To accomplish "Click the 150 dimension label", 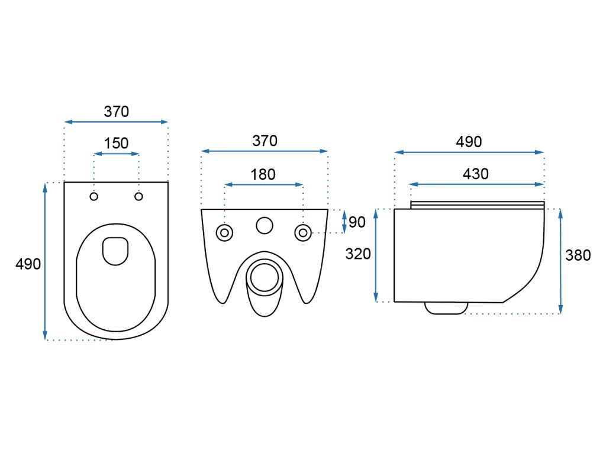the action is point(116,143).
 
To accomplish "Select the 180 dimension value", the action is point(263,174).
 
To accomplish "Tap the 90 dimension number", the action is point(357,222).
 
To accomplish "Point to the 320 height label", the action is point(358,254).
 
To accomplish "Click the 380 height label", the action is point(578,255).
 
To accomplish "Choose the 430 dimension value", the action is point(476,174).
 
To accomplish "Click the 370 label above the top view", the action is point(116,111).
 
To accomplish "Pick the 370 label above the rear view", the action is point(265,141).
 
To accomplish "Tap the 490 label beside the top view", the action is point(28,264).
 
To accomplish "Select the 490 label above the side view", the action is point(469,142).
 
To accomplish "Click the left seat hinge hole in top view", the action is point(94,196).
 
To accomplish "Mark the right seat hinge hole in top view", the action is point(138,196).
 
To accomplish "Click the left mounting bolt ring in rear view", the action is point(224,232).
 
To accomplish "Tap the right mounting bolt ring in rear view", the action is point(303,232).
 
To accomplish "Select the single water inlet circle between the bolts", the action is point(264,225).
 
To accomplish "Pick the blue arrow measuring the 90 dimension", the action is point(345,221).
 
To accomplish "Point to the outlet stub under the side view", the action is point(446,308).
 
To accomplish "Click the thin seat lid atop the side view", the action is point(477,205).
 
